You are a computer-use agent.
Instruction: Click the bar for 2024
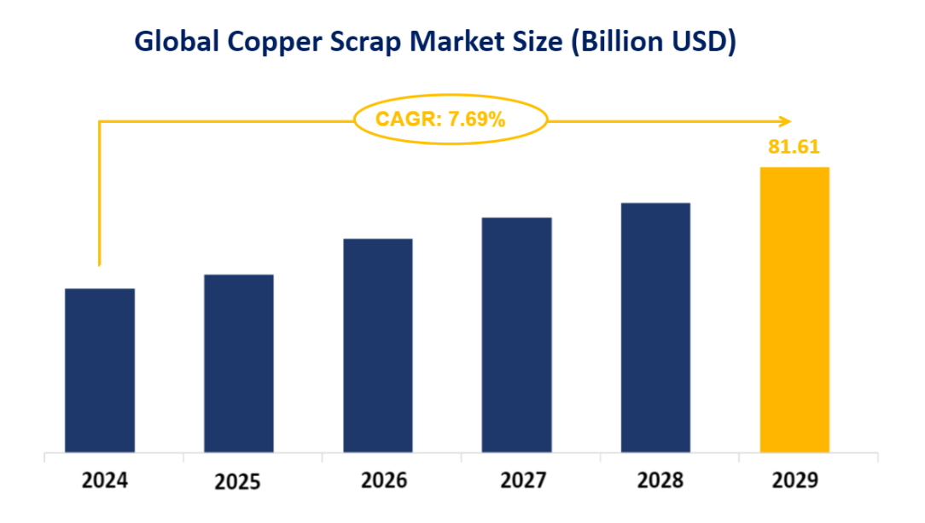coord(100,370)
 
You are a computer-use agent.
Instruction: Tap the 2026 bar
coord(378,345)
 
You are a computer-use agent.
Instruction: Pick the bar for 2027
coord(516,334)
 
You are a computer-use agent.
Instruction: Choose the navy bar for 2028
coord(655,327)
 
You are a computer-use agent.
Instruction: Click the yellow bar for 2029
coord(794,309)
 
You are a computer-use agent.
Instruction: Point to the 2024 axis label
coord(105,480)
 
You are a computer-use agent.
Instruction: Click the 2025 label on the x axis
coord(237,482)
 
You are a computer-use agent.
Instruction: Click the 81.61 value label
coord(794,147)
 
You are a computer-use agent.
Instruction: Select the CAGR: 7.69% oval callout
coord(450,119)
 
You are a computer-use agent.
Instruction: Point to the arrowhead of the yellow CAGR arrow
coord(786,120)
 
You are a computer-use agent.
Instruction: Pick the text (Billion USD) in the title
coord(654,41)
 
